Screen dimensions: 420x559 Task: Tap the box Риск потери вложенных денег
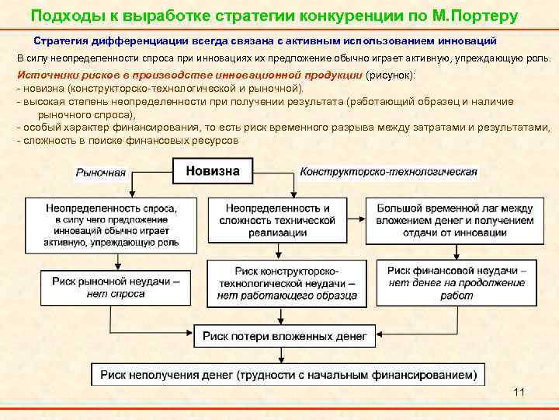coord(285,335)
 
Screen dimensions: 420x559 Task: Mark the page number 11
coord(519,392)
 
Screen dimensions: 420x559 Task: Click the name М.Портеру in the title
coord(475,16)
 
